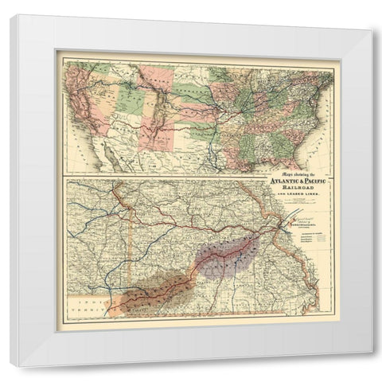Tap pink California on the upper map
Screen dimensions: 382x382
point(80,111)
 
